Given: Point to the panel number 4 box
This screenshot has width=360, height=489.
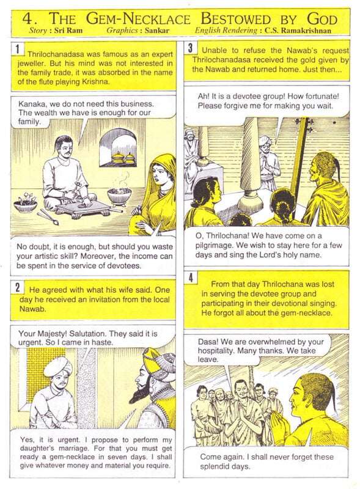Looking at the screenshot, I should pos(192,279).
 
